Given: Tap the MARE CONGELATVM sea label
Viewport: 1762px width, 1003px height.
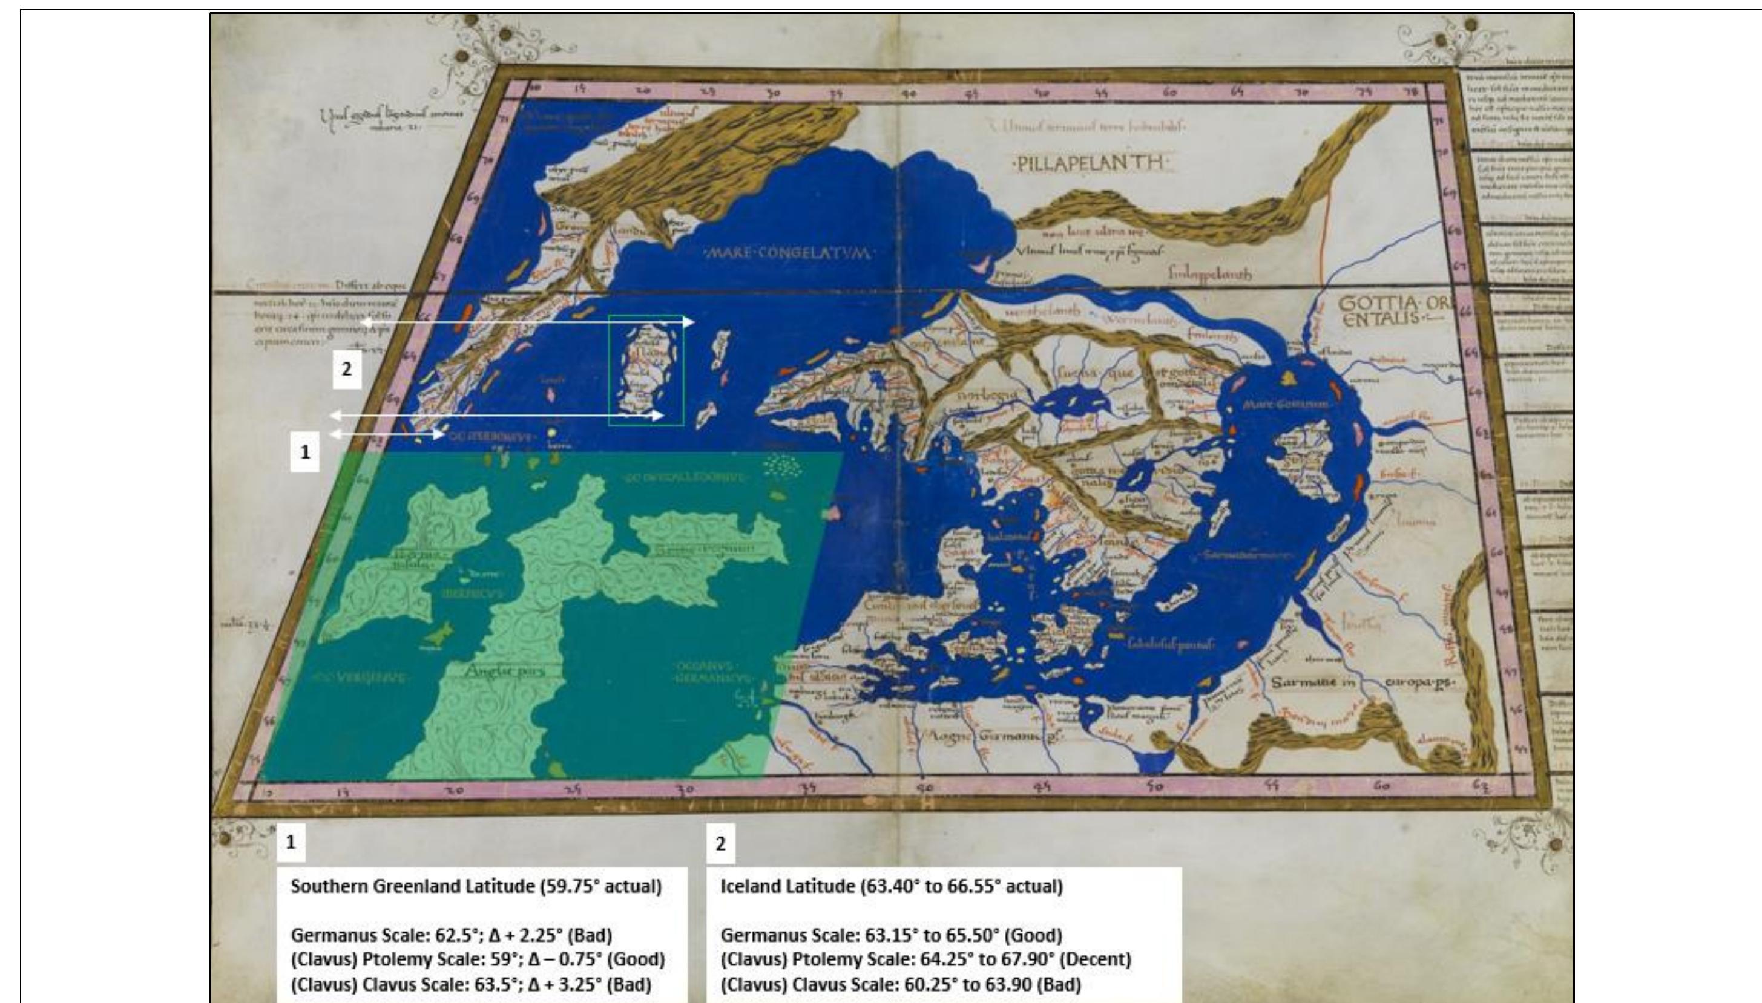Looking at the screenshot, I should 787,253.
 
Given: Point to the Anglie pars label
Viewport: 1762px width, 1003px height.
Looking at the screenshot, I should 504,670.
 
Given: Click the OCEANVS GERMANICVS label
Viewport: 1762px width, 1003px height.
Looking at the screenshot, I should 710,672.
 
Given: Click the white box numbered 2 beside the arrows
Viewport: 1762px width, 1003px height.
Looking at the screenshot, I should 347,369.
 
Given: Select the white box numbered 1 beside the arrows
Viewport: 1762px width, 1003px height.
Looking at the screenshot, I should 304,452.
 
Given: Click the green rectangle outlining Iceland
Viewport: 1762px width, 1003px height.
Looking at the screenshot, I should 646,371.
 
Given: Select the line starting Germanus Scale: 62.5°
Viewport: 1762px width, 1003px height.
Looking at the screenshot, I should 452,935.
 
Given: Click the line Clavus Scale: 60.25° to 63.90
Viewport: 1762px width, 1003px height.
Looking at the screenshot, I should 900,984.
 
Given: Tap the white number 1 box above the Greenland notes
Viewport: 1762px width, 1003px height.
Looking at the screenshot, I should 291,842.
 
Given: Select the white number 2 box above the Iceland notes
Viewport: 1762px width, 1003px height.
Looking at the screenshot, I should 721,844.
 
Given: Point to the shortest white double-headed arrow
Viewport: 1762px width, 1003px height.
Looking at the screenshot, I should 387,434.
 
